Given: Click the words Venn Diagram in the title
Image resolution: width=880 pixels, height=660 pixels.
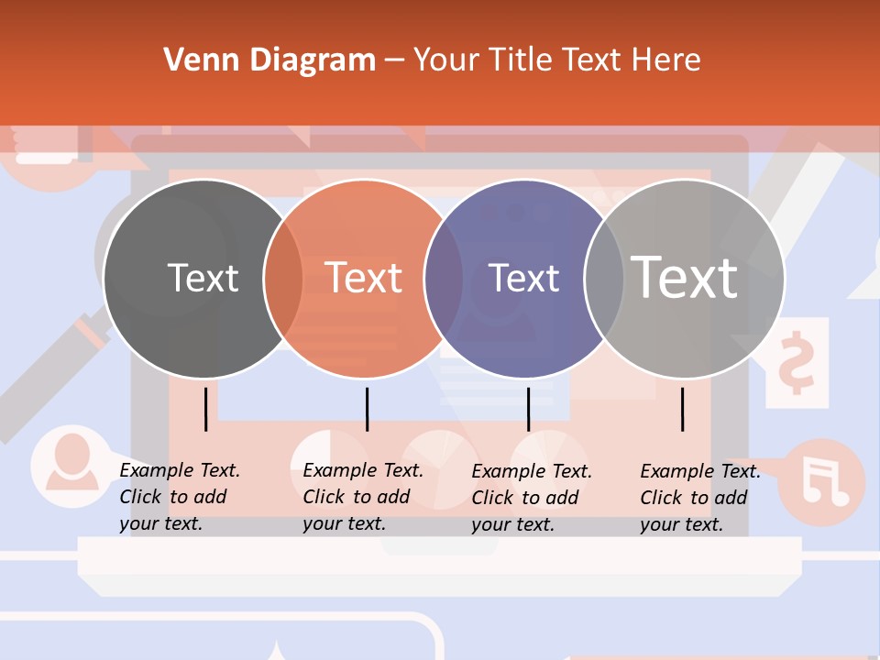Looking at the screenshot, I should pos(269,60).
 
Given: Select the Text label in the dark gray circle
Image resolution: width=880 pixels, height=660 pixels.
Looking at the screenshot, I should pos(203,278).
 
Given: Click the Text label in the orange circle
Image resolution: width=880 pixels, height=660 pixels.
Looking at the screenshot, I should pos(364,278).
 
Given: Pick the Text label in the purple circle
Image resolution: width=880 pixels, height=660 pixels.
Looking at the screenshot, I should pos(523,278).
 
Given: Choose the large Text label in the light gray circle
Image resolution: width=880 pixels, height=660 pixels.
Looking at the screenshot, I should pos(685,277).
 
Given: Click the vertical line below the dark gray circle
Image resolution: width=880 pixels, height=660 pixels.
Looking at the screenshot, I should pos(206,409).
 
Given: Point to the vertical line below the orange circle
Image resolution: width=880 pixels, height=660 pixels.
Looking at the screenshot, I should pos(367,409).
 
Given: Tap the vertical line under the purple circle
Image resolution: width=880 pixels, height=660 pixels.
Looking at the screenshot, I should pos(528,409).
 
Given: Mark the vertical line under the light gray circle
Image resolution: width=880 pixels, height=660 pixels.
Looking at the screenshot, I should pos(683,409).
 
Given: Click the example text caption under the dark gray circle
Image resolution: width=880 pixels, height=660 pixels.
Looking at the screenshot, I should pos(180,497).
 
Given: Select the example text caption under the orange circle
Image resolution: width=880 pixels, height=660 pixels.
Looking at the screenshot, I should pos(363,497).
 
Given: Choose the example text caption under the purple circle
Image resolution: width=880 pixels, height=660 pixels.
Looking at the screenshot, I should pos(532,498).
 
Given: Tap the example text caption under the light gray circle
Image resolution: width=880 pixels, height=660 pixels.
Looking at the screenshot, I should pos(700,498).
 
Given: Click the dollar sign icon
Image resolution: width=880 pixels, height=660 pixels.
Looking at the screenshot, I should pos(796,362).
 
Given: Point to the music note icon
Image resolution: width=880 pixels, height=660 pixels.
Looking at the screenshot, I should pos(824,481).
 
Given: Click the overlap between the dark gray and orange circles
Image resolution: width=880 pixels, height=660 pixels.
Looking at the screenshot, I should pos(283,278).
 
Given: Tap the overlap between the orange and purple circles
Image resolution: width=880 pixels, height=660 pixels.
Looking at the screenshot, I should pos(444,278).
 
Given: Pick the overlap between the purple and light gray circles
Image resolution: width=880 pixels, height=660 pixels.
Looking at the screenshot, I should pos(604,278).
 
